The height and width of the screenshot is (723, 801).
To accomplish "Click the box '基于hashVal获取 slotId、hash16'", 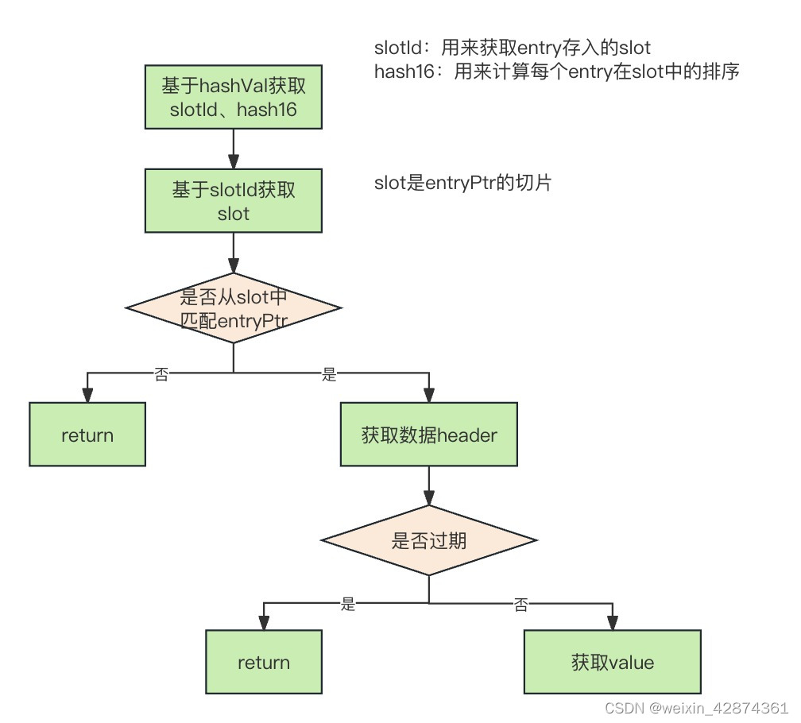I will point(234,97).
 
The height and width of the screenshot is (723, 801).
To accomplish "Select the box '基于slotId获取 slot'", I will point(234,201).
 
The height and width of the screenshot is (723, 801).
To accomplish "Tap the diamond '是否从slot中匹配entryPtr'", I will point(234,308).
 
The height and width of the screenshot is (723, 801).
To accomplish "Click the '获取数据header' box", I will point(429,435).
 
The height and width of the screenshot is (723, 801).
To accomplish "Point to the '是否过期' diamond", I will point(429,541).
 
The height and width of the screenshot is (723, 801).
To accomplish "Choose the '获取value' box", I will point(612,663).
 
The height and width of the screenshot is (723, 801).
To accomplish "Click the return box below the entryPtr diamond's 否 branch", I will point(87,435).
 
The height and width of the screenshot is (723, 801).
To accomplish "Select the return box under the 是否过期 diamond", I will point(264,663).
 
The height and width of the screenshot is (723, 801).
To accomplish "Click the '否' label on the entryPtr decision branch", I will point(161,375).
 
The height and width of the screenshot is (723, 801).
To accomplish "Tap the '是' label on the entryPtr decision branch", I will point(330,375).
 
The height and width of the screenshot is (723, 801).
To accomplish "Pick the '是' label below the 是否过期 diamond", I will point(348,605).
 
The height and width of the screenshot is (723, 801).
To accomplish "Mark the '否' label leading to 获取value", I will point(521,605).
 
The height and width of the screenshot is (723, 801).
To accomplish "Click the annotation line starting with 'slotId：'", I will point(512,48).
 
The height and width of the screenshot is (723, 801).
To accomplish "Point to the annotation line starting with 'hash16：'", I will point(557,72).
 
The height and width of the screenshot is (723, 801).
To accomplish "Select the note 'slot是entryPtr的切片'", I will point(463,184).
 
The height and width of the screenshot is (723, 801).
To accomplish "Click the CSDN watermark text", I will point(696,707).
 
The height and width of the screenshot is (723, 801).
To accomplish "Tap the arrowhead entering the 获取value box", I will point(612,623).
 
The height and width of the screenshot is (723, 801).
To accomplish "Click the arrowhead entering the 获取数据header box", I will point(429,395).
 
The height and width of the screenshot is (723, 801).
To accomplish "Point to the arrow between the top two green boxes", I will point(234,148).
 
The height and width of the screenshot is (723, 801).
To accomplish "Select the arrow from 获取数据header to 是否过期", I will point(429,485).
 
